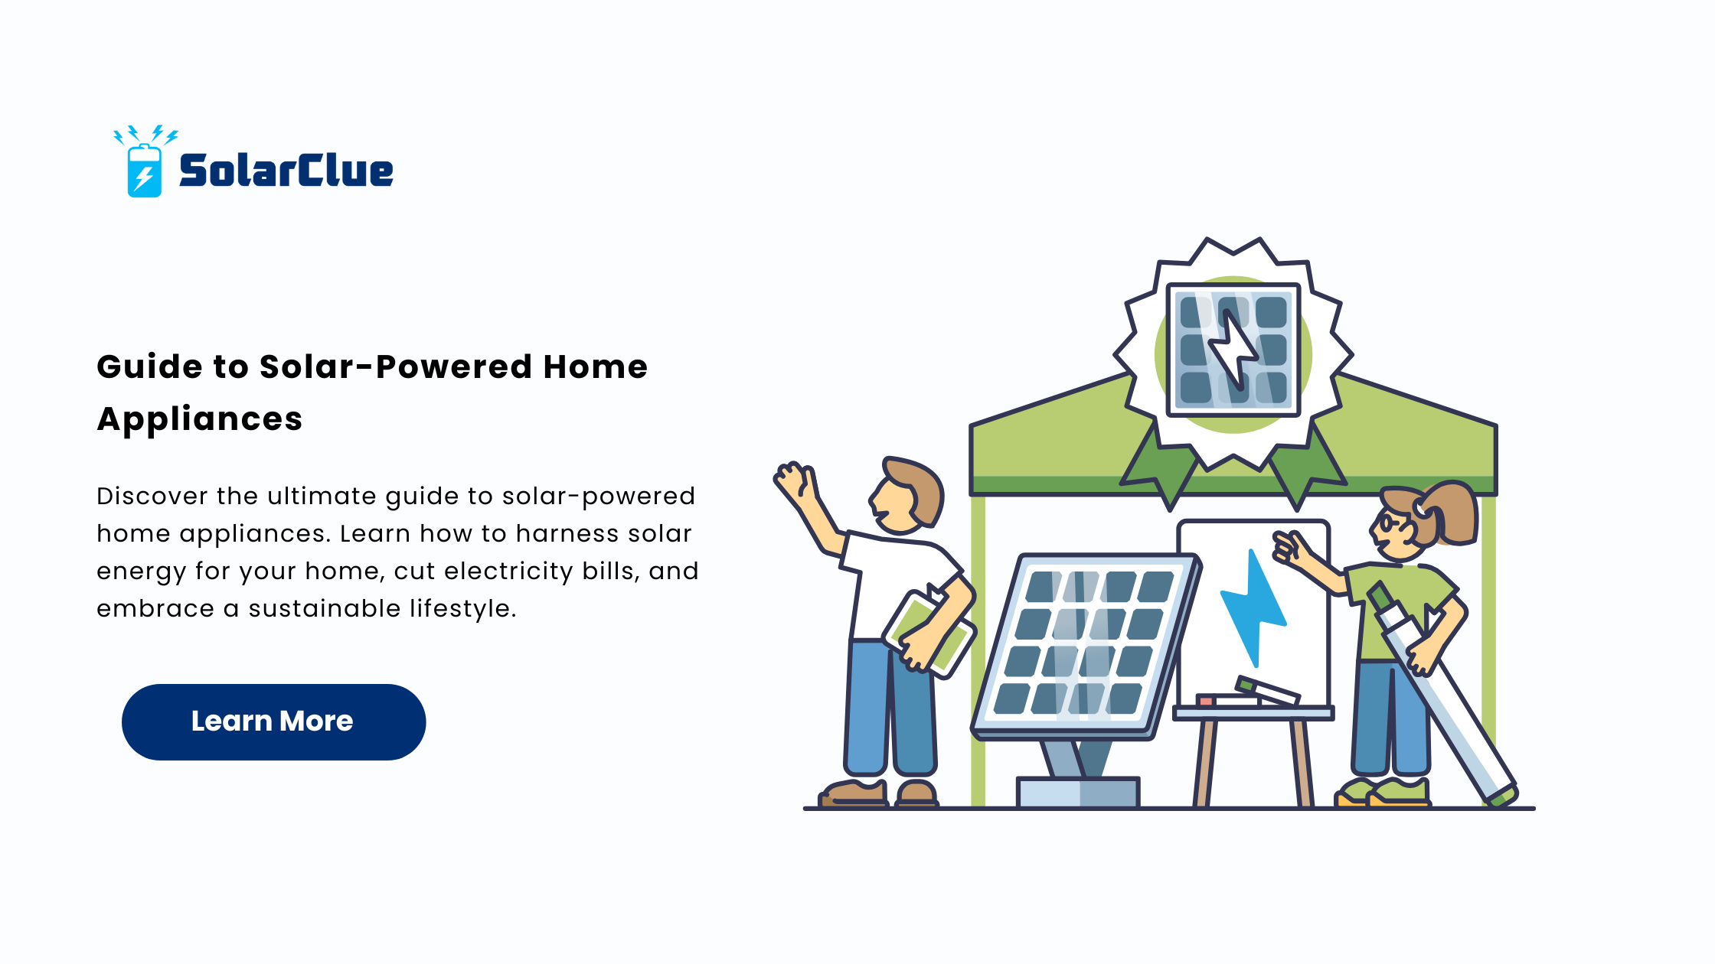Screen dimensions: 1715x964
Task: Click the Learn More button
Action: tap(273, 721)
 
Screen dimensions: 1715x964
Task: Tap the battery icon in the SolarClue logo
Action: tap(144, 171)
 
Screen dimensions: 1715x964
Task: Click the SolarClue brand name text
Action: tap(286, 170)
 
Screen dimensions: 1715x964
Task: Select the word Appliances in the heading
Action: tap(200, 419)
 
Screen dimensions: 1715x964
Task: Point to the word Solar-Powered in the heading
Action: tap(394, 366)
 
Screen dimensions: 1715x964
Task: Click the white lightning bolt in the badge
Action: tap(1232, 349)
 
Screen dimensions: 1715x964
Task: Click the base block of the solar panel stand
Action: tap(1078, 793)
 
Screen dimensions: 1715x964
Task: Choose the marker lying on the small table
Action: tap(1267, 690)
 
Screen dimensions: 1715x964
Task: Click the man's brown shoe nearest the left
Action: tap(854, 793)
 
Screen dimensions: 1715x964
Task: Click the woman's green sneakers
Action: tap(1383, 793)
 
